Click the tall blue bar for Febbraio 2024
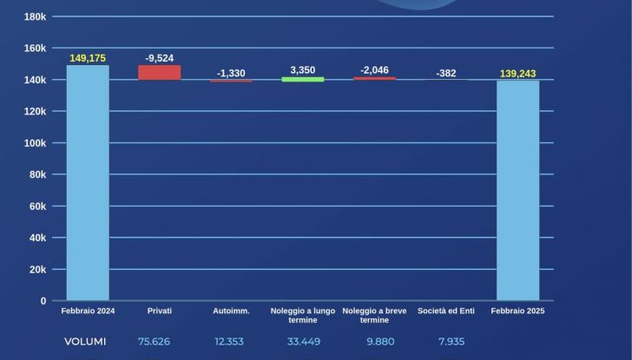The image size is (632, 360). point(88,183)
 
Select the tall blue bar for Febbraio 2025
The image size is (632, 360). point(518,190)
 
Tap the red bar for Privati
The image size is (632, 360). point(160,73)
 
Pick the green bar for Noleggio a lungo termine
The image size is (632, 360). point(303,79)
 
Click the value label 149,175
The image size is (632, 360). point(88,58)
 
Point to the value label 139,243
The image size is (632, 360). point(518,74)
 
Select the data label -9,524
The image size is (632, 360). point(160,58)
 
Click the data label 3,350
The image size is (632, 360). point(303,69)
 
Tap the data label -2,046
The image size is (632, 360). point(374,70)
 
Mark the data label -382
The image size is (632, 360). point(446,73)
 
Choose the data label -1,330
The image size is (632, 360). point(231,73)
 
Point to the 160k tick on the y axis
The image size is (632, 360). point(35,49)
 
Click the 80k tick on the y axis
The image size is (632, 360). point(37,174)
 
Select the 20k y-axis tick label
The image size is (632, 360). point(37,270)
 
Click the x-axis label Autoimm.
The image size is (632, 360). point(231,311)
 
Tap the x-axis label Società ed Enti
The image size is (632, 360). point(446,311)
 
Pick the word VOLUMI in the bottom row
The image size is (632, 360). point(85,341)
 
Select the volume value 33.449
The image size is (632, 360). point(303,341)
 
